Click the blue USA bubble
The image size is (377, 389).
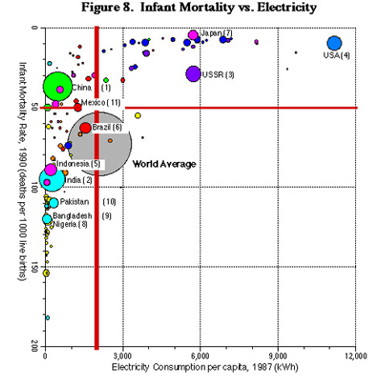point(334,43)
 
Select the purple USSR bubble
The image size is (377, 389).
point(193,73)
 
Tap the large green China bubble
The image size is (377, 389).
point(57,86)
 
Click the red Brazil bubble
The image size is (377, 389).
point(85,128)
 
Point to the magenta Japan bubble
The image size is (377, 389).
point(193,35)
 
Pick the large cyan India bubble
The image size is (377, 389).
point(52,179)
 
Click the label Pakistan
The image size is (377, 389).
point(74,201)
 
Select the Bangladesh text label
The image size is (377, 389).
point(72,216)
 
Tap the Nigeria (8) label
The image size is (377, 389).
point(70,224)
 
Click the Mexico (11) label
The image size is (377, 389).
point(101,102)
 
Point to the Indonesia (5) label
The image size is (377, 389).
point(78,163)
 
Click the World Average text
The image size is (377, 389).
point(164,164)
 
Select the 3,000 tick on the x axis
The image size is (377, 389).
point(122,356)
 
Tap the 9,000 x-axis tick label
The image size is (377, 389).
point(278,356)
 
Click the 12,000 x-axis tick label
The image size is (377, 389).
point(356,356)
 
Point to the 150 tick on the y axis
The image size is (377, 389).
point(35,267)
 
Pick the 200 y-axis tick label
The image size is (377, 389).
point(35,346)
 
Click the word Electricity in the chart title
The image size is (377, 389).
point(287,7)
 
